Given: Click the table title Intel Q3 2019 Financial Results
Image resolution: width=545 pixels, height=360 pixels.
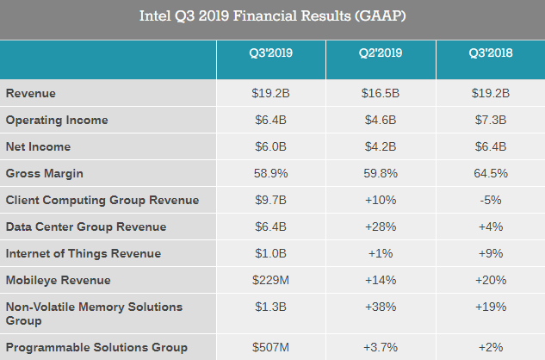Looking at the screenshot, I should click(272, 17).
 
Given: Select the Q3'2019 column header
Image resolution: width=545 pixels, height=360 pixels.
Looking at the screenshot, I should click(269, 53).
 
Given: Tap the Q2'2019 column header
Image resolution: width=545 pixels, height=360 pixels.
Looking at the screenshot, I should click(381, 53).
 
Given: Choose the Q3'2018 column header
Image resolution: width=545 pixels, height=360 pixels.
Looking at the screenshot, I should click(491, 53).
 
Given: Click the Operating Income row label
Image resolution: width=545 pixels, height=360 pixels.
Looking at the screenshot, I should click(56, 120).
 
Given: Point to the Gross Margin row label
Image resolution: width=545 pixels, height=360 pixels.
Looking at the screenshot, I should click(45, 173).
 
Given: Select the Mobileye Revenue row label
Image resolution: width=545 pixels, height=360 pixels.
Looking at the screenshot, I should click(57, 280).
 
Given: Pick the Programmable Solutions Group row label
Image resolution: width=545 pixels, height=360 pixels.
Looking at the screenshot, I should click(96, 347).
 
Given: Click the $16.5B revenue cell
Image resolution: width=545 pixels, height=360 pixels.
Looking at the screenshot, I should click(381, 93).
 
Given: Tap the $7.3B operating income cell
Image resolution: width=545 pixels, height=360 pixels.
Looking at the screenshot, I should click(491, 120).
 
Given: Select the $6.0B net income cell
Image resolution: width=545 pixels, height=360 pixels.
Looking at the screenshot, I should click(269, 146).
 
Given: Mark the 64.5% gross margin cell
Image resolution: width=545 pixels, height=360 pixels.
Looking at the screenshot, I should click(491, 173).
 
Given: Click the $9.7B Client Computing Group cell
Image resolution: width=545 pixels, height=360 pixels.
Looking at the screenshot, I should click(269, 200).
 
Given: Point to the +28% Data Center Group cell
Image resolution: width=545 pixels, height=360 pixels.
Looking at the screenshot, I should click(381, 227).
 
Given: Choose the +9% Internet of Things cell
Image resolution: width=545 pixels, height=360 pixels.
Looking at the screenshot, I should click(491, 253).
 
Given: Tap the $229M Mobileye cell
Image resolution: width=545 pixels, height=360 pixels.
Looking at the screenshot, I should click(269, 280).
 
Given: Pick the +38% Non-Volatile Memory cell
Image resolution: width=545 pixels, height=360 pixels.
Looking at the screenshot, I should click(381, 307).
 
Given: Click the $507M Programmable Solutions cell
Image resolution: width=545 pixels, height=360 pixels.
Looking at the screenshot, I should click(269, 347).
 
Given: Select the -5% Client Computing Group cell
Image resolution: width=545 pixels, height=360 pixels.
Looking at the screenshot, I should click(491, 200).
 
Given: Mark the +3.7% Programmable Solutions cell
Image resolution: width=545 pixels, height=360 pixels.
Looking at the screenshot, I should click(381, 347).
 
